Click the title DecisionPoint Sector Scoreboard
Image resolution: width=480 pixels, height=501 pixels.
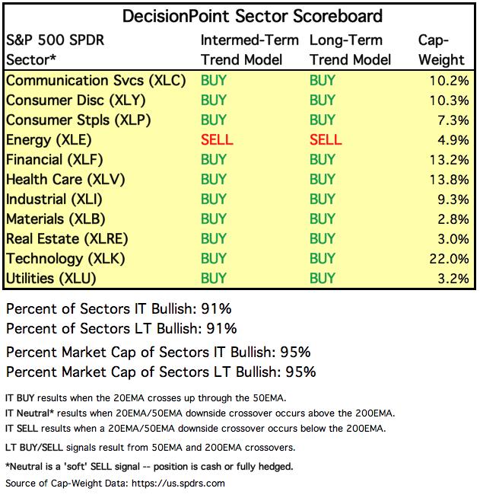[241, 15]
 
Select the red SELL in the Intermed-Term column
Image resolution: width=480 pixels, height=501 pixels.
[217, 140]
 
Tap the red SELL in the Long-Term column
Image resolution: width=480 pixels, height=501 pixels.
[326, 140]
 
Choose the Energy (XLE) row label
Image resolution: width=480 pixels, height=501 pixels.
[49, 140]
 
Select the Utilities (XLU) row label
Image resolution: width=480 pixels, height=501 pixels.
[51, 279]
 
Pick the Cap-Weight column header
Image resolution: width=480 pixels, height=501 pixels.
[440, 49]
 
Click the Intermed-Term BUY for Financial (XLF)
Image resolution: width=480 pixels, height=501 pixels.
[214, 160]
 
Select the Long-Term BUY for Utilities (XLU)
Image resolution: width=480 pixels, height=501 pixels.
[323, 279]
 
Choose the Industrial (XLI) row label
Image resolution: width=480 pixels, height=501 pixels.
[53, 199]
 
